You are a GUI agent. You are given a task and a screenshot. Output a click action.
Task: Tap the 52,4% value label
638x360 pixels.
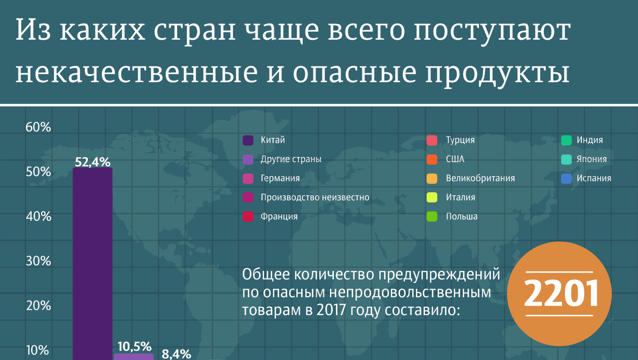(92, 162)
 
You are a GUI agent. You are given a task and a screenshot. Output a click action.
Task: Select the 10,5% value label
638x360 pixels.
(135, 346)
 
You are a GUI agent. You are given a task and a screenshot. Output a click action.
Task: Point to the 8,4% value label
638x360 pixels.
(176, 354)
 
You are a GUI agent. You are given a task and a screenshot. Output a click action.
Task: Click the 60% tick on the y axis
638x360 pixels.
(38, 127)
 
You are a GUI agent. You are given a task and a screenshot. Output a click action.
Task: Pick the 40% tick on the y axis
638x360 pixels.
(38, 216)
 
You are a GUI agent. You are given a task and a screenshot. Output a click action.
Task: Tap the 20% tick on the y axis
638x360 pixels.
(38, 306)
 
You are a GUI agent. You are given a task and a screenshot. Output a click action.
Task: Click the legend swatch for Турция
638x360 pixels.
(432, 140)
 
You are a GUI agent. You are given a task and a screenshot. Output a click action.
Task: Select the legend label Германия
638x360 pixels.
(280, 178)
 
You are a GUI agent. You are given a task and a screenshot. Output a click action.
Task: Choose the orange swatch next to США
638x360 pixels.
(432, 159)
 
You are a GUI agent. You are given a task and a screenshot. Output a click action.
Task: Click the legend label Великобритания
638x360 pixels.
(480, 178)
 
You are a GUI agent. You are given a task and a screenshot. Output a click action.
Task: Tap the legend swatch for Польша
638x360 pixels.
(432, 217)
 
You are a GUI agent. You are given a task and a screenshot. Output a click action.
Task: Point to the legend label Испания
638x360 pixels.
(594, 178)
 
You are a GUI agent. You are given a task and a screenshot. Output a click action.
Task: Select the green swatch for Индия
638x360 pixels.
(567, 140)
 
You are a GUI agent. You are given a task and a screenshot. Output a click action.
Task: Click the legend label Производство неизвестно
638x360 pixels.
(315, 197)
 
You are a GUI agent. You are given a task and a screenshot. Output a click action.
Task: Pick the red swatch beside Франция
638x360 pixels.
(248, 217)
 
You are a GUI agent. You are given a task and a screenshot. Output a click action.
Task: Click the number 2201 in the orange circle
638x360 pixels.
(560, 294)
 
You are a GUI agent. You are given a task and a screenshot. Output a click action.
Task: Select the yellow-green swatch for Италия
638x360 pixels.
(432, 198)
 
